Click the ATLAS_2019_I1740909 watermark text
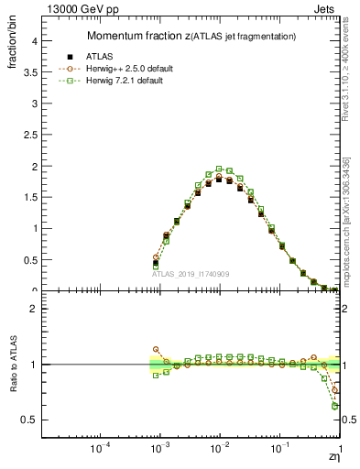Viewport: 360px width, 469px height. (190, 274)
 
